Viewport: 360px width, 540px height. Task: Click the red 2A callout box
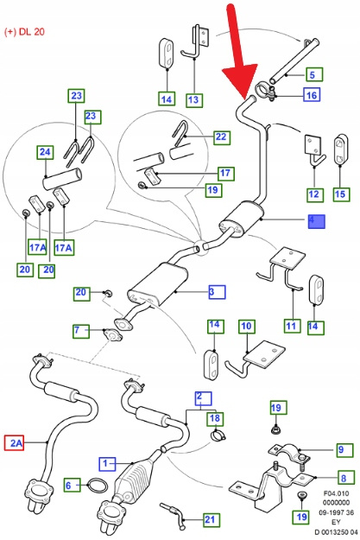pos(14,442)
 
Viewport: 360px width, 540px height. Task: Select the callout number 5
pos(313,74)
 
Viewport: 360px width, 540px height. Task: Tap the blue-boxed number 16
pos(312,94)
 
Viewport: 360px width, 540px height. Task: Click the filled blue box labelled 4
pos(316,221)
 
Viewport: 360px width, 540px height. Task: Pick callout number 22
pos(221,137)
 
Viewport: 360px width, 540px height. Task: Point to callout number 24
pos(45,152)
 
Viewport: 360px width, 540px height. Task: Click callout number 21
pos(210,519)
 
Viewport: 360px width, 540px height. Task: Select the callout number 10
pos(247,326)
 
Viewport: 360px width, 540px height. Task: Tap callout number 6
pos(72,486)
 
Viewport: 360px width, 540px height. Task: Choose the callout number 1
pos(107,464)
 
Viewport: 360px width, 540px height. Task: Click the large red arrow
pos(239,52)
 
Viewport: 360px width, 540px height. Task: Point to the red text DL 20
pos(32,32)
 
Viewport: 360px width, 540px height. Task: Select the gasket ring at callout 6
pos(98,486)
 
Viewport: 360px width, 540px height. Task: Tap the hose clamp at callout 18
pos(218,435)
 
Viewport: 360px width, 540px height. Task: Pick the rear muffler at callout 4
pos(241,219)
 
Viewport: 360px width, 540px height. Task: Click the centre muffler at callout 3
pos(158,283)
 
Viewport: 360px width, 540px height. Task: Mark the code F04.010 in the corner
pos(336,493)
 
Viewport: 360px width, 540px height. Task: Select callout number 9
pos(341,450)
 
